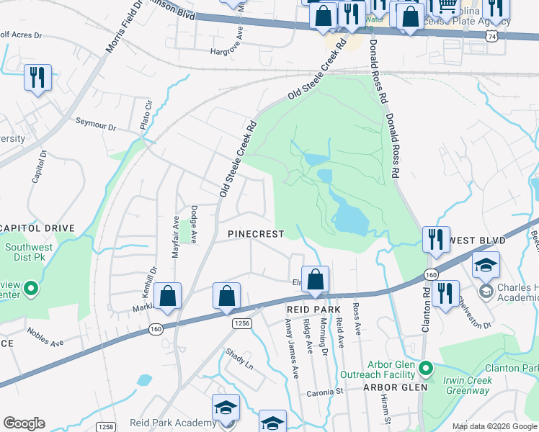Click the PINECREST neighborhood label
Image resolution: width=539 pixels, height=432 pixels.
[256, 234]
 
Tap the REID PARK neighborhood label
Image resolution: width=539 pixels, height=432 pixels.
[307, 308]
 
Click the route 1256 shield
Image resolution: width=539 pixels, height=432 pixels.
[241, 325]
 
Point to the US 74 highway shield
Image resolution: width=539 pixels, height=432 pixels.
[491, 35]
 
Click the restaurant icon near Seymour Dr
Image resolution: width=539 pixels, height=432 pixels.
[37, 77]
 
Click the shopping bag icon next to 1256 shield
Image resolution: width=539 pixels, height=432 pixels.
[226, 296]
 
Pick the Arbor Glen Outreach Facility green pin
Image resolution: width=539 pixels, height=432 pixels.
[425, 369]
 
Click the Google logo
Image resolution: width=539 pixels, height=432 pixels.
[24, 423]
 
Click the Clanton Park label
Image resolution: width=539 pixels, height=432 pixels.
[512, 368]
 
